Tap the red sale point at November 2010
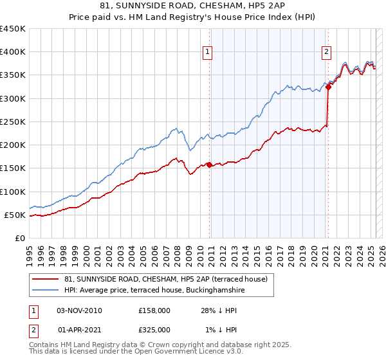click(x=209, y=165)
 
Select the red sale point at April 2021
click(x=328, y=87)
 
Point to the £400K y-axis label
click(x=13, y=52)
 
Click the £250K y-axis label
click(x=13, y=122)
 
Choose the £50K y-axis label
click(x=15, y=215)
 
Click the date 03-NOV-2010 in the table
click(x=79, y=310)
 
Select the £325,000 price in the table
click(x=154, y=329)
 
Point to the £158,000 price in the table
click(x=154, y=310)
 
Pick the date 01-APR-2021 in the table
click(x=79, y=329)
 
